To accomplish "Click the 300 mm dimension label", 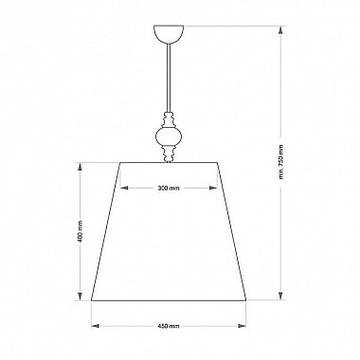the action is tap(169, 188).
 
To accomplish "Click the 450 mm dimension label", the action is tap(169, 326).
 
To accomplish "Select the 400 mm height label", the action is tap(81, 231).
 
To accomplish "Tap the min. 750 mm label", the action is tap(281, 161).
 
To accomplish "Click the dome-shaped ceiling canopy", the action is tap(169, 34).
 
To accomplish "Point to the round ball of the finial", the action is tap(169, 136).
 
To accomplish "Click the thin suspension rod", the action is tap(169, 78).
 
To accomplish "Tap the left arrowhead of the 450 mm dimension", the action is tap(96, 326).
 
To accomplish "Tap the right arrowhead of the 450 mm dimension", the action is tap(242, 326).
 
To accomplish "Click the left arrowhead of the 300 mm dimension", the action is tap(124, 188).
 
